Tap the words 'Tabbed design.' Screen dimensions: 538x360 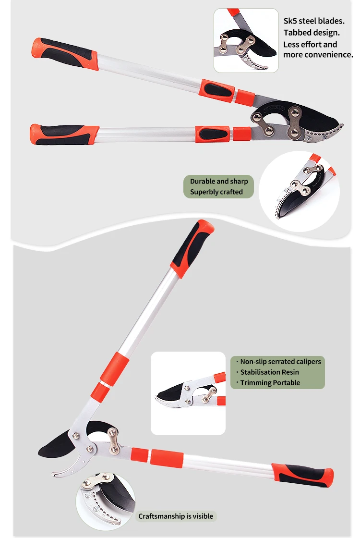pos(312,33)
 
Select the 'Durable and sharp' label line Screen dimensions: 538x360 pos(219,181)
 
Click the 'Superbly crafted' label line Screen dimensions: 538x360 pos(216,192)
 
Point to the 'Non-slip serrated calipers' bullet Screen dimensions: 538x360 pos(280,361)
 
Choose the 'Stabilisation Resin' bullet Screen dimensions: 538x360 pos(269,372)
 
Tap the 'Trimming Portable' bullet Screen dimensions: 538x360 pos(270,382)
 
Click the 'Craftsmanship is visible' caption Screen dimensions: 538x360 pos(175,516)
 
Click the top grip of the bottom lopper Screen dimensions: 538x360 pos(192,247)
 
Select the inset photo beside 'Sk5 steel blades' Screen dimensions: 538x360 pos(246,40)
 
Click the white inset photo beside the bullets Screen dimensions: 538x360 pos(188,393)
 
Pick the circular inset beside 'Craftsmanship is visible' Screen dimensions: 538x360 pos(105,500)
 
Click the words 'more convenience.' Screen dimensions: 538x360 pos(318,55)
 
